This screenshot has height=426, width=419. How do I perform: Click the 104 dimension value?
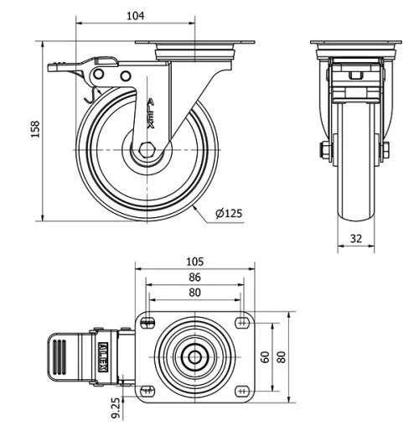[136, 15]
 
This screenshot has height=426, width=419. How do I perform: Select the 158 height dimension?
[36, 131]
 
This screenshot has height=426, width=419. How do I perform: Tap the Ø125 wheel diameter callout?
[228, 214]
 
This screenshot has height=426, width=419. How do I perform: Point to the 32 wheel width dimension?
[355, 238]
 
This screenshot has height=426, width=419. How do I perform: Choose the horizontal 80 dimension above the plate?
[194, 294]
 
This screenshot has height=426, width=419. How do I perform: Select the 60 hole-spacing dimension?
[266, 357]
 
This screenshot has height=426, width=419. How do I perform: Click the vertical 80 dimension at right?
[282, 357]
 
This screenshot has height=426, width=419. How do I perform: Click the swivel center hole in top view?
[194, 356]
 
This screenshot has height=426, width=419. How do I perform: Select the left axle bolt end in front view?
[323, 151]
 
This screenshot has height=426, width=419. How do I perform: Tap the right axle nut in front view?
[385, 151]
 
